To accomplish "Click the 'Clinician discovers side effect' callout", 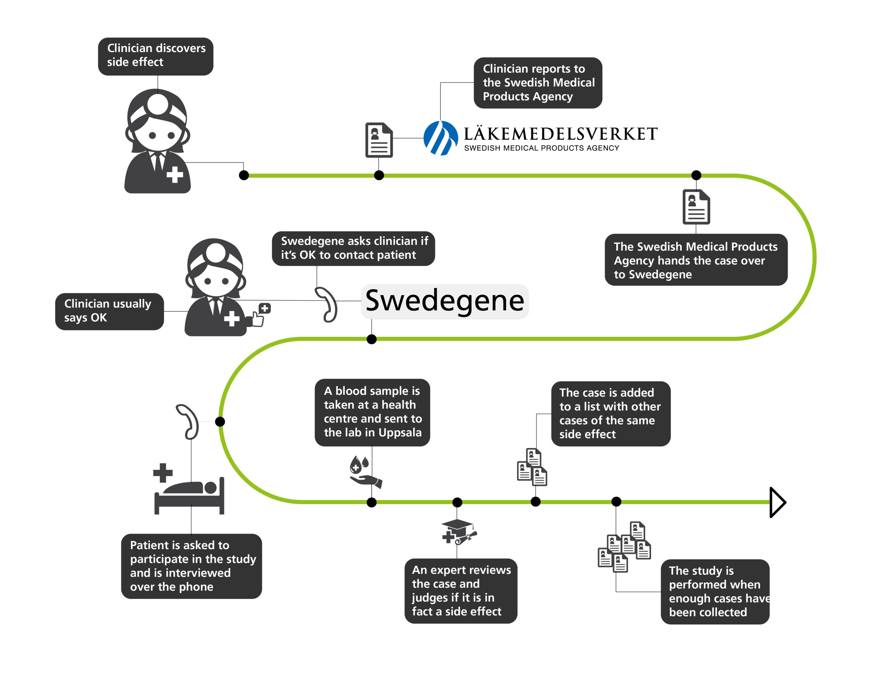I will click(155, 56).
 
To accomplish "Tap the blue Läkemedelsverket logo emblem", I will click(440, 138).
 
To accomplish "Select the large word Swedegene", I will click(445, 301).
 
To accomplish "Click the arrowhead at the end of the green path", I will click(777, 502).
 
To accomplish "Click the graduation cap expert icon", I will click(459, 531).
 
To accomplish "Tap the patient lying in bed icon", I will click(189, 489).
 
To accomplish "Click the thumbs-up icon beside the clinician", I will click(261, 315).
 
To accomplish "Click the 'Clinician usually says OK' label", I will click(109, 311).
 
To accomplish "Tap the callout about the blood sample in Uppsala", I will click(372, 412).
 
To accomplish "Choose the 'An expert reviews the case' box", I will click(461, 590).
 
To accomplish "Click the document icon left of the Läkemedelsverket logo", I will click(379, 140).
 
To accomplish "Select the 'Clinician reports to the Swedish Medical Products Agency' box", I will click(537, 83).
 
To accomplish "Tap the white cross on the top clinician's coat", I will click(175, 175).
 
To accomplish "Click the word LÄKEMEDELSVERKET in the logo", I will click(560, 134).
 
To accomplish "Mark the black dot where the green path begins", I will click(244, 175).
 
